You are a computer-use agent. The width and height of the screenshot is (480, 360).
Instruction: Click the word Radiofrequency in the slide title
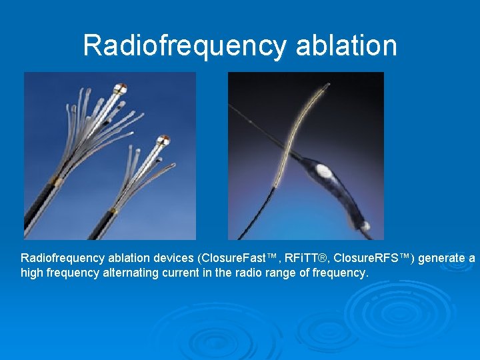click(x=184, y=45)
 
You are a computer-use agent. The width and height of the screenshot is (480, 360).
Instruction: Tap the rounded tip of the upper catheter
click(x=121, y=88)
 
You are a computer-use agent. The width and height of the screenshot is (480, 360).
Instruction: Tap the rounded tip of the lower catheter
click(x=162, y=140)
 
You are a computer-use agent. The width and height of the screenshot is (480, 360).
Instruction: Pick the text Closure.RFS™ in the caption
click(x=374, y=258)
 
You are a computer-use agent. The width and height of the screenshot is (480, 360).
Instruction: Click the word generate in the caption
click(x=443, y=258)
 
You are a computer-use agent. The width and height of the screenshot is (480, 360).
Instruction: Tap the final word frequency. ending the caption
click(x=340, y=273)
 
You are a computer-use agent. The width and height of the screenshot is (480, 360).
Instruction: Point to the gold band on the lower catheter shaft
click(x=112, y=212)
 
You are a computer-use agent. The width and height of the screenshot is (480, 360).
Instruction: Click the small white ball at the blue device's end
click(x=365, y=226)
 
